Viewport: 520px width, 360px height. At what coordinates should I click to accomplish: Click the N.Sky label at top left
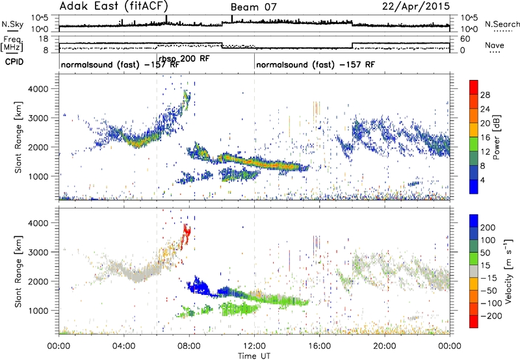pyautogui.click(x=10, y=23)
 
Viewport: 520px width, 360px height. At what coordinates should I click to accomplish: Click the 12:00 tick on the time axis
pyautogui.click(x=254, y=344)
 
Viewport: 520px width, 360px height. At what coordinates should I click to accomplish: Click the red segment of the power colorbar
pyautogui.click(x=474, y=87)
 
